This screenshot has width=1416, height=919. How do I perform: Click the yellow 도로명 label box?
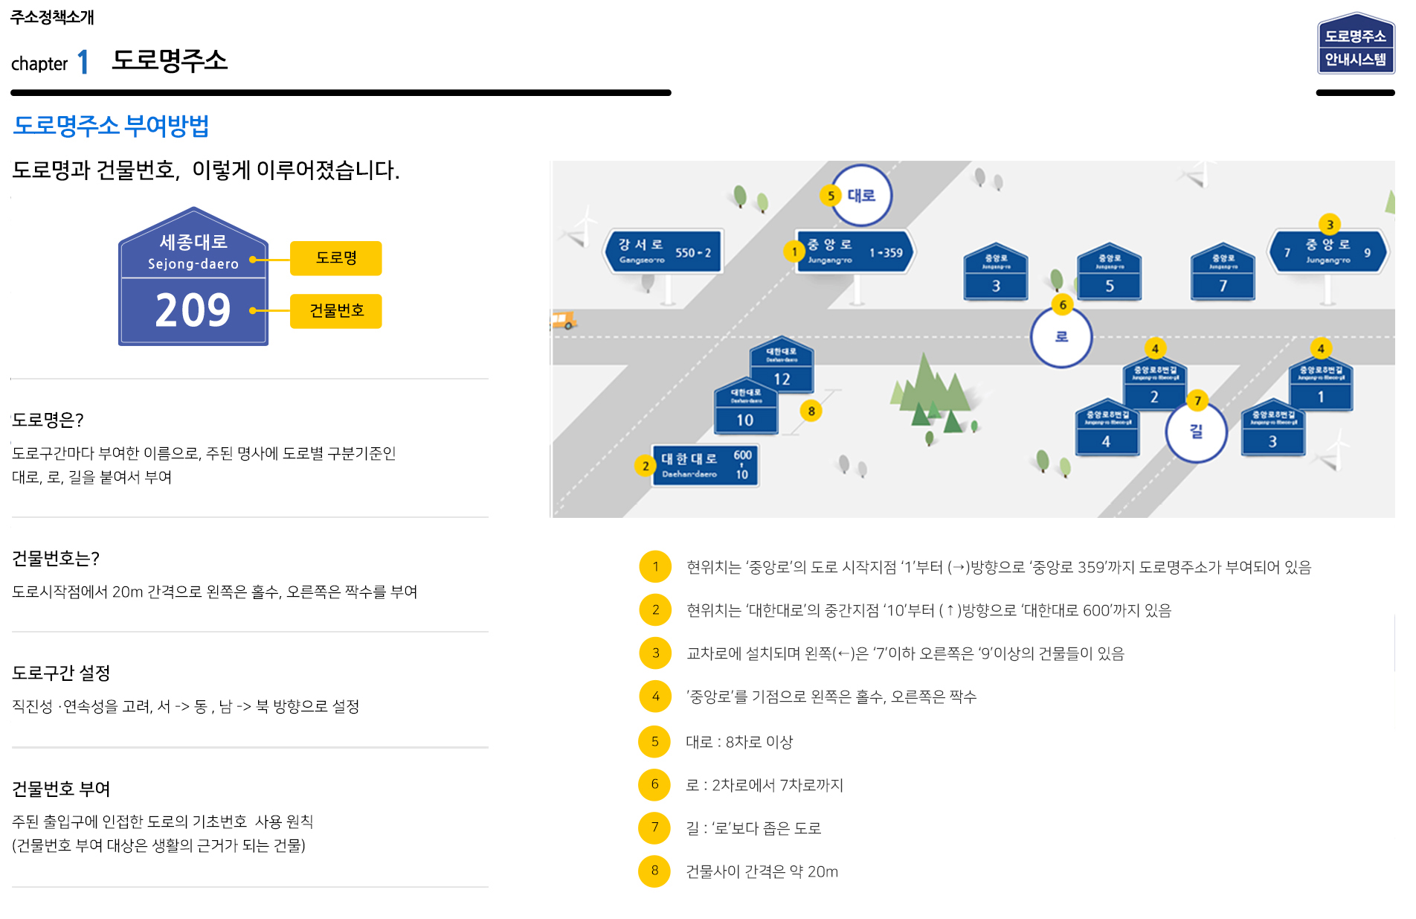335,258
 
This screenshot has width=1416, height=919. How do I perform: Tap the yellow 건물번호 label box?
335,311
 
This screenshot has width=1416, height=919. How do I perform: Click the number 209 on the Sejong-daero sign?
193,310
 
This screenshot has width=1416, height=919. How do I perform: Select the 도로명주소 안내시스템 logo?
1355,45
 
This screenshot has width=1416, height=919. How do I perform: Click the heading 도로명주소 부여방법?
111,126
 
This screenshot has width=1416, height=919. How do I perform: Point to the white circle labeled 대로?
861,196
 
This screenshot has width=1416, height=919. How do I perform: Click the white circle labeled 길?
1196,432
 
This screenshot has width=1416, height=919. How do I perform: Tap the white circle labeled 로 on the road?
1061,337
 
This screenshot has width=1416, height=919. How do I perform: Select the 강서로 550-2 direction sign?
663,252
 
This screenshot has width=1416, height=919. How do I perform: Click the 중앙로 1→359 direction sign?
855,252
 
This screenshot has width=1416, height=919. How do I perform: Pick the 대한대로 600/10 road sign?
705,465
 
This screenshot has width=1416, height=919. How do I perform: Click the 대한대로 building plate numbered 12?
781,366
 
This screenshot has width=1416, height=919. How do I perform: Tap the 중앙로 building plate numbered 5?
1109,273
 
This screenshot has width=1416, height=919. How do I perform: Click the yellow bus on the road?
564,321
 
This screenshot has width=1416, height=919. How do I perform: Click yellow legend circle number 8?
654,871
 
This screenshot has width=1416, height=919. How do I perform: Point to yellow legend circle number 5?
654,741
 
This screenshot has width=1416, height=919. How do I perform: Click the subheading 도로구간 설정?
61,673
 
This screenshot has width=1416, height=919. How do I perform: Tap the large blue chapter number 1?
83,62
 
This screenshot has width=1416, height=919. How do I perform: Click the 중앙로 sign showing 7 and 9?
1327,252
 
